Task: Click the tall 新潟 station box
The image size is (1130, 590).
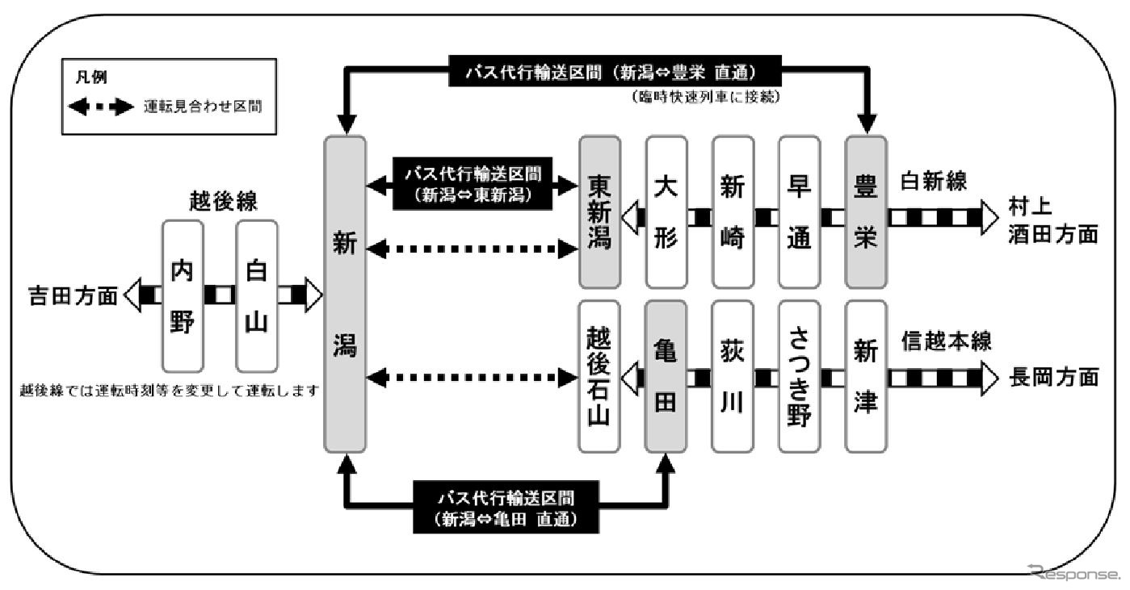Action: (x=345, y=295)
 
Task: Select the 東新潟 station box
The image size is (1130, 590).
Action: (x=600, y=212)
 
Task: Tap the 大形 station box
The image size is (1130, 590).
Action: (x=666, y=212)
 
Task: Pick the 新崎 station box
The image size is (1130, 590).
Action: (x=733, y=212)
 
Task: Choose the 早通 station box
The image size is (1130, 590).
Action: (x=799, y=212)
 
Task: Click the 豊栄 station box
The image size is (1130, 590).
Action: (x=866, y=212)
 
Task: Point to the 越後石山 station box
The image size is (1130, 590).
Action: (x=600, y=376)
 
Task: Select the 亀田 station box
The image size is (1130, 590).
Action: (x=666, y=376)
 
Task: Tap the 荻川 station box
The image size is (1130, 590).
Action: (x=733, y=376)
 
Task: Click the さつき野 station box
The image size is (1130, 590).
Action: (x=799, y=376)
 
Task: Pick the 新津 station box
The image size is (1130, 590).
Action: (x=866, y=376)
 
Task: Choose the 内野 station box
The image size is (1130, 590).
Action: (x=183, y=295)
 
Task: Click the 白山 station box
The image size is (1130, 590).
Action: (x=256, y=295)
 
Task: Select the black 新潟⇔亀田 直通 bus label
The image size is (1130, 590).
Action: (x=506, y=507)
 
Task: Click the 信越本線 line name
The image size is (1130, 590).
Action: (x=945, y=342)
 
